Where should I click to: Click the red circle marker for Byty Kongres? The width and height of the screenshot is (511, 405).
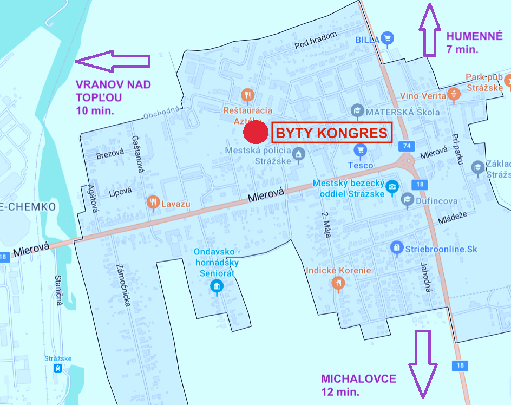(255, 133)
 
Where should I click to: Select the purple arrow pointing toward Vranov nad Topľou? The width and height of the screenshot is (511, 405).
(112, 61)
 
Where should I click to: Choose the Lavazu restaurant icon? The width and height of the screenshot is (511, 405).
(153, 203)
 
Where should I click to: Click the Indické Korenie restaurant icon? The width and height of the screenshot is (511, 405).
(338, 282)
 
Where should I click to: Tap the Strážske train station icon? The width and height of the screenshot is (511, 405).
(57, 369)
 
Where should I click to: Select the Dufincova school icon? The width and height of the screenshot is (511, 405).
(407, 200)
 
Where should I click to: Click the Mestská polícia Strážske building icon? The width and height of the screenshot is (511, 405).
(298, 155)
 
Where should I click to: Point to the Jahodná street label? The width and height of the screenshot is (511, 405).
(425, 277)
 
